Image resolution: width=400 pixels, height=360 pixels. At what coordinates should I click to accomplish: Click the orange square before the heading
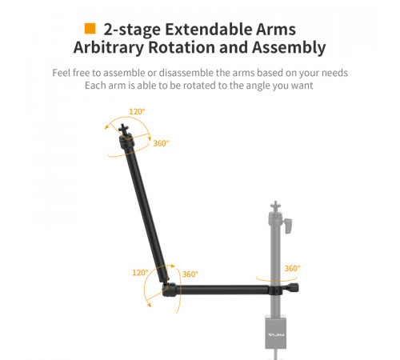90,30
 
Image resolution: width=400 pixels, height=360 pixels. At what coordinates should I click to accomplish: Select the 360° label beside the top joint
161,144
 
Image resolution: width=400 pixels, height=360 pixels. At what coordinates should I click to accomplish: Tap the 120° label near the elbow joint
141,273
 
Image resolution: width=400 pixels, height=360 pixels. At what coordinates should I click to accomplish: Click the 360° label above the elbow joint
190,274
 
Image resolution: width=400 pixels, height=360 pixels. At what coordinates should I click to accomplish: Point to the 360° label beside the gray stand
292,269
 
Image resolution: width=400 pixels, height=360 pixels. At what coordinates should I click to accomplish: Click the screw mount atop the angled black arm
126,130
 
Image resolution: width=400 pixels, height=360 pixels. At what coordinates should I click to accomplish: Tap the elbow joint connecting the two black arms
169,290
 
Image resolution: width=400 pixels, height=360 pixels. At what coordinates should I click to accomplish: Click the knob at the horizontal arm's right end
297,288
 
